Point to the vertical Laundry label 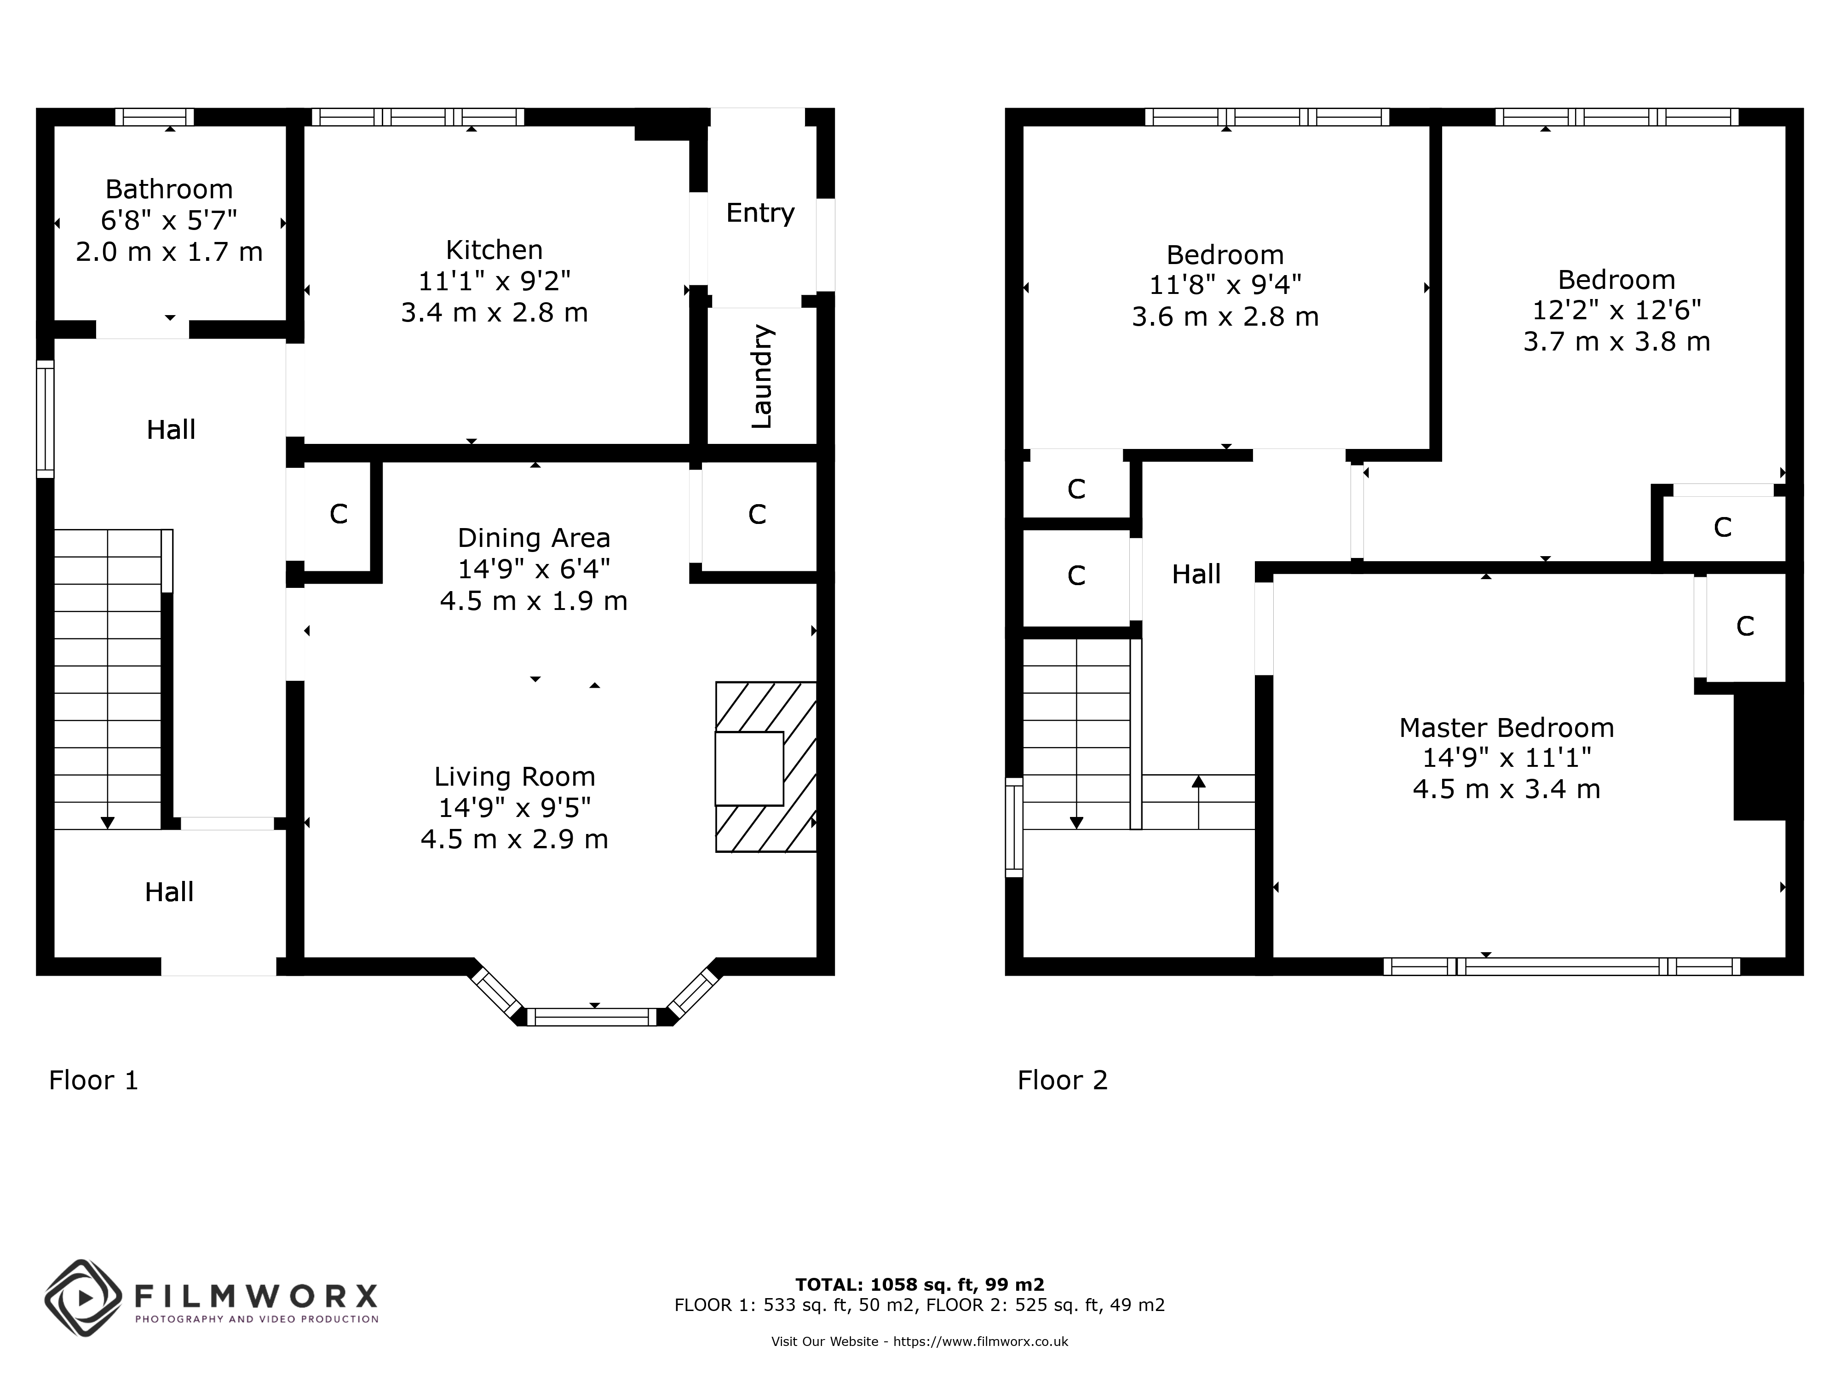pos(761,377)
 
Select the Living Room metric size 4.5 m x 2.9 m pos(514,839)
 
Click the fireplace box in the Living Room pos(748,768)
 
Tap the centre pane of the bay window pos(592,1017)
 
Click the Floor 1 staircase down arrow pos(107,822)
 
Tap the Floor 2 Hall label pos(1196,574)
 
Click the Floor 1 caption pos(93,1081)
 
